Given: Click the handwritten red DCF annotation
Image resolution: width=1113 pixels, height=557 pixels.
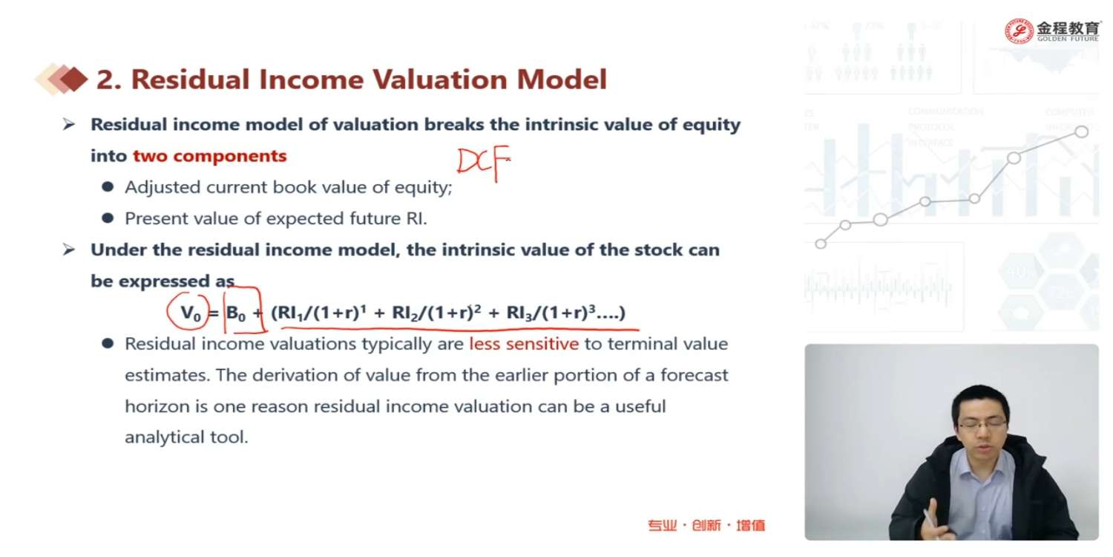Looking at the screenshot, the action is (x=484, y=163).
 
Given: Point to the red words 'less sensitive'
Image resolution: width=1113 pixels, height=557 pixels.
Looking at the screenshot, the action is (x=524, y=344).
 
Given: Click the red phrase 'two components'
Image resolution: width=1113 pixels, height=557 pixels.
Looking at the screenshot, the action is (x=210, y=156).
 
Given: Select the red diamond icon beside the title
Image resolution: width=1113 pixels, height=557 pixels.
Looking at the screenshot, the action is (x=73, y=79).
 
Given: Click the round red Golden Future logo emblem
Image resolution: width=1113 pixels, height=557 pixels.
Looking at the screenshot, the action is (x=1019, y=31).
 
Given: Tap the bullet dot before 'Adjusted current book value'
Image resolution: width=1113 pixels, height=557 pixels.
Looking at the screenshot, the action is (x=108, y=187).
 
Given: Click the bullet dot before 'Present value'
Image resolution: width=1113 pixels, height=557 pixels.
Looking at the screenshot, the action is (x=108, y=218).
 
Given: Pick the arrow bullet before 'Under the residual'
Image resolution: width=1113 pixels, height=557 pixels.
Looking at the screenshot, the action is (x=68, y=249).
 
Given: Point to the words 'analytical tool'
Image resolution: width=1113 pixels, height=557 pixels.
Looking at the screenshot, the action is (x=186, y=437).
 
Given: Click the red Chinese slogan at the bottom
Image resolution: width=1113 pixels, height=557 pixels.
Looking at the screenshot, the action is (x=706, y=525).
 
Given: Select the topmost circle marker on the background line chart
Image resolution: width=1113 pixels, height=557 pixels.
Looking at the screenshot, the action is (x=1081, y=131).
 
